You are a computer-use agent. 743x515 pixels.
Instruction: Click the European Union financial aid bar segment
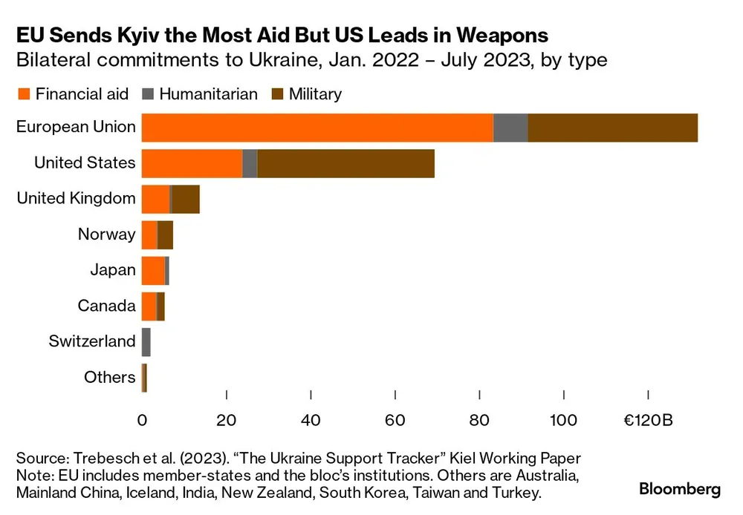coord(317,128)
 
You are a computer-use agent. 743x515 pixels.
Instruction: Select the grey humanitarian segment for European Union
coord(510,128)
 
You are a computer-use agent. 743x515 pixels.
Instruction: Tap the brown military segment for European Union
coord(612,128)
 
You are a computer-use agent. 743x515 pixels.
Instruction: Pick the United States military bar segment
coord(345,163)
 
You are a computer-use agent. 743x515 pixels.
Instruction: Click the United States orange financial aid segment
coord(192,163)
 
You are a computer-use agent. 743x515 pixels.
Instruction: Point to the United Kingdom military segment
coord(186,199)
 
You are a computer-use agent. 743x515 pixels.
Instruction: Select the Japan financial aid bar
coord(153,270)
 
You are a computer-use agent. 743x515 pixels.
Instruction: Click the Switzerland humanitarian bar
coord(146,341)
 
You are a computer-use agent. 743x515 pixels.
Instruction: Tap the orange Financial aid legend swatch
coord(23,94)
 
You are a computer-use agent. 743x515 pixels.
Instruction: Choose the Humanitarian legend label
coord(208,94)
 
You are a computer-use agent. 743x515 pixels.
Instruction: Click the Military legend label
coord(315,94)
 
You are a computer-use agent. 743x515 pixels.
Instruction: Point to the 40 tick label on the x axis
coord(311,420)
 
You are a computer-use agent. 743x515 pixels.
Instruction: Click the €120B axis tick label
coord(648,420)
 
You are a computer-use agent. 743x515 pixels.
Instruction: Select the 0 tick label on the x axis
coord(142,420)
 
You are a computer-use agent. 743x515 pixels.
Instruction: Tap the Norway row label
coord(106,234)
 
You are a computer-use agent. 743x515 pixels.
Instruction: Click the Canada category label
coord(106,306)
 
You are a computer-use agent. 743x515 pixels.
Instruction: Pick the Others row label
coord(109,377)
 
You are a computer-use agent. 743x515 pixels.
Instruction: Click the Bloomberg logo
coord(680,489)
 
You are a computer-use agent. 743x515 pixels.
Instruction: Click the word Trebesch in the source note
coord(94,458)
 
